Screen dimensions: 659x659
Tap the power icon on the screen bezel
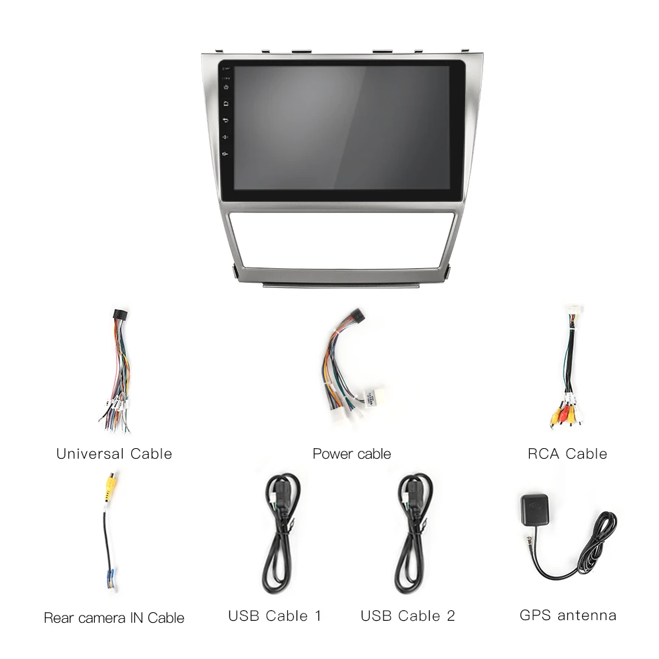pyautogui.click(x=226, y=87)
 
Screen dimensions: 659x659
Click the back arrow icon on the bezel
pyautogui.click(x=226, y=120)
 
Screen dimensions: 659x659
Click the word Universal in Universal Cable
pyautogui.click(x=90, y=454)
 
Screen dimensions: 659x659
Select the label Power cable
pyautogui.click(x=352, y=454)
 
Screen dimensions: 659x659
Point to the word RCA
pyautogui.click(x=544, y=454)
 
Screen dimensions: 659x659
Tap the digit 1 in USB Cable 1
pyautogui.click(x=318, y=616)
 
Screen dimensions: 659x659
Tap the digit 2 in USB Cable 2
pyautogui.click(x=451, y=616)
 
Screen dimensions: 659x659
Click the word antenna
pyautogui.click(x=587, y=616)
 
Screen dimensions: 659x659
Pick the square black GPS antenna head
pyautogui.click(x=534, y=509)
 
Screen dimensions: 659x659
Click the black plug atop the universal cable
pyautogui.click(x=121, y=315)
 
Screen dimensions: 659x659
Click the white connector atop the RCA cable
pyautogui.click(x=574, y=311)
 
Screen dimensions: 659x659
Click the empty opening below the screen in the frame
pyautogui.click(x=341, y=240)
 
